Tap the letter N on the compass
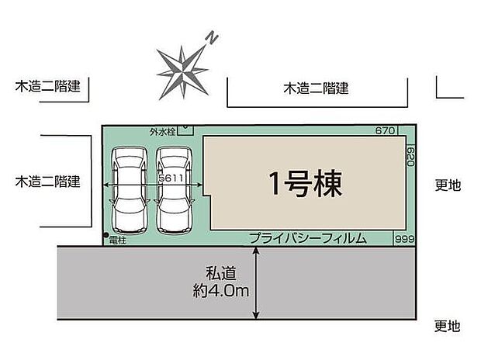pyautogui.click(x=210, y=36)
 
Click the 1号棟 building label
pyautogui.click(x=305, y=184)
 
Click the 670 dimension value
pyautogui.click(x=386, y=130)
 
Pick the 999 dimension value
pyautogui.click(x=404, y=240)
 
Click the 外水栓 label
pyautogui.click(x=162, y=132)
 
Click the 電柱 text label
pyautogui.click(x=118, y=240)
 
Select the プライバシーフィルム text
pyautogui.click(x=308, y=239)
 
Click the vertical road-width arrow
pyautogui.click(x=256, y=282)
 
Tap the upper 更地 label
pyautogui.click(x=448, y=185)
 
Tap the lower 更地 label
pyautogui.click(x=448, y=326)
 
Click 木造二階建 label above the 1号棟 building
pyautogui.click(x=316, y=89)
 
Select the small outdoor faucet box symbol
pyautogui.click(x=185, y=130)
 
